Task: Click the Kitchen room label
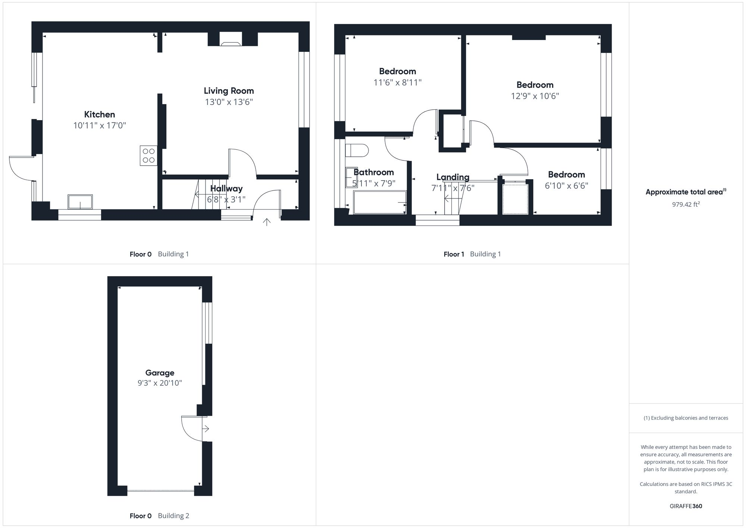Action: (x=99, y=115)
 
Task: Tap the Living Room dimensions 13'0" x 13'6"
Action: (x=229, y=102)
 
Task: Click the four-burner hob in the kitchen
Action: (x=148, y=156)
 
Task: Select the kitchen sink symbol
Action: (x=80, y=202)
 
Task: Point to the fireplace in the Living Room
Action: (x=231, y=41)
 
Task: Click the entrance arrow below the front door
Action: (x=267, y=222)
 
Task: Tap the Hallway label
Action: (x=226, y=188)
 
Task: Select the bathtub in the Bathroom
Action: (x=380, y=203)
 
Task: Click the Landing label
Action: (x=453, y=177)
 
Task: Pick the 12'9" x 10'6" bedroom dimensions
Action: (x=535, y=96)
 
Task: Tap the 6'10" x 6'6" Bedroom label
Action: (x=566, y=175)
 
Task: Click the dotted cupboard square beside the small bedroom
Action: (x=515, y=199)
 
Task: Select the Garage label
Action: (x=160, y=372)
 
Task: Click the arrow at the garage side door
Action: (x=206, y=429)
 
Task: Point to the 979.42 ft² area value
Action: (x=686, y=204)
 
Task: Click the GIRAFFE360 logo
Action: (x=686, y=506)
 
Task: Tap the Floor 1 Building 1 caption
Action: (x=472, y=254)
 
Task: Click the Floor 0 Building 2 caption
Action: (x=159, y=516)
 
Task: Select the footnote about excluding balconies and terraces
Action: (x=686, y=418)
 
